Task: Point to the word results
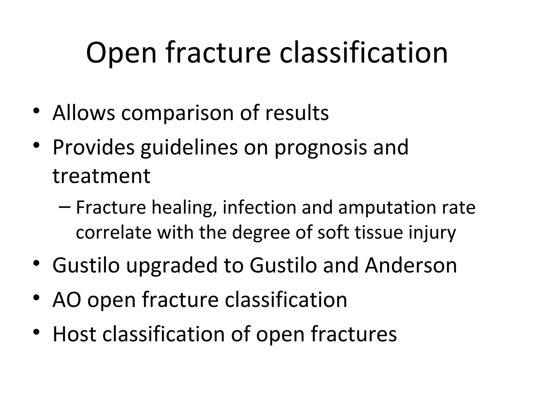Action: click(x=297, y=113)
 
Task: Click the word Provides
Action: click(x=94, y=147)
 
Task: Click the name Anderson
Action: click(x=411, y=265)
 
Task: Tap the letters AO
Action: click(x=67, y=300)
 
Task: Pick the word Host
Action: click(x=74, y=334)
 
